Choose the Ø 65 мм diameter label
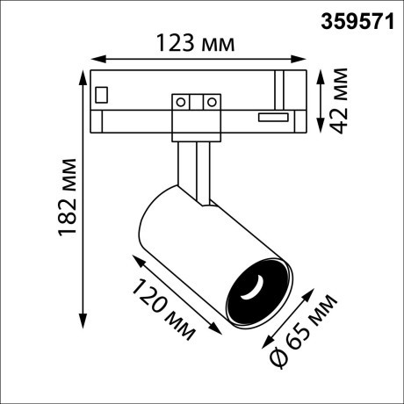(303, 331)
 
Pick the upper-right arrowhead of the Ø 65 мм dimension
(312, 291)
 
